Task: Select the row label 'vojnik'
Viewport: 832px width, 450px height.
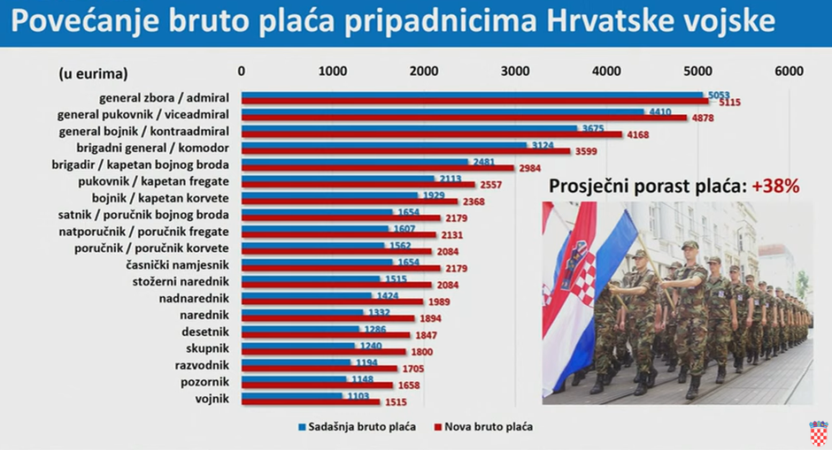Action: pyautogui.click(x=212, y=398)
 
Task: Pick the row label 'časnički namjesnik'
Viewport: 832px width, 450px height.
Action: pyautogui.click(x=178, y=264)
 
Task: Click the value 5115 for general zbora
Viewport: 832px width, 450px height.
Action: pyautogui.click(x=729, y=103)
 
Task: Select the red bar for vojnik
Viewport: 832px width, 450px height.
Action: pyautogui.click(x=311, y=401)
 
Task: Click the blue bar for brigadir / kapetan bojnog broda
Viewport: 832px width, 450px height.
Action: pyautogui.click(x=354, y=162)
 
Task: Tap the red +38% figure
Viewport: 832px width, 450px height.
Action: pyautogui.click(x=776, y=187)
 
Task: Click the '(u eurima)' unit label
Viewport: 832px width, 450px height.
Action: pyautogui.click(x=93, y=72)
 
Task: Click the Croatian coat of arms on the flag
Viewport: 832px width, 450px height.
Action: pyautogui.click(x=574, y=261)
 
